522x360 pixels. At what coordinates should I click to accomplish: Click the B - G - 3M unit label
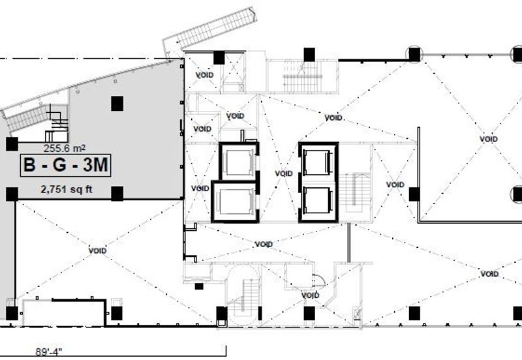pos(66,166)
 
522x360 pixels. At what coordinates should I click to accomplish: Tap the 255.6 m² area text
pos(64,148)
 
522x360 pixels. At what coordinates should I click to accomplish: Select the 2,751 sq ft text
pos(67,190)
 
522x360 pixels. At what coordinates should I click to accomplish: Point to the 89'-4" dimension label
pos(49,352)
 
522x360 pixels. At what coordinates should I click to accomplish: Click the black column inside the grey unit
pos(117,104)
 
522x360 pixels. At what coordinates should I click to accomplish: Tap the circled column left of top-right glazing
pos(414,54)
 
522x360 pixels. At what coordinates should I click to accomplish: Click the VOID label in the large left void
pos(97,250)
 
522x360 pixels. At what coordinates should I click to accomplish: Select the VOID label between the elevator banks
pos(284,173)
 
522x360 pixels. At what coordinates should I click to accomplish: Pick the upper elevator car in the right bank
pos(318,162)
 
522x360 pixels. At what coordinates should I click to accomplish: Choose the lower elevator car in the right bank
pos(318,199)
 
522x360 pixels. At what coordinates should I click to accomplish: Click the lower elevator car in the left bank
pos(234,202)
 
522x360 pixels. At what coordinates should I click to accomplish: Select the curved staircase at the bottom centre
pos(243,292)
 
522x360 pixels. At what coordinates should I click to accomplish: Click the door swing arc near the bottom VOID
pos(318,280)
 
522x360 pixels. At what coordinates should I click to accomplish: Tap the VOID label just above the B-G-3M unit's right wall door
pos(202,128)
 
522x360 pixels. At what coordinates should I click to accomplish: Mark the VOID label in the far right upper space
pos(488,139)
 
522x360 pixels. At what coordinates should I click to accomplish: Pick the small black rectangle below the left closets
pos(199,286)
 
